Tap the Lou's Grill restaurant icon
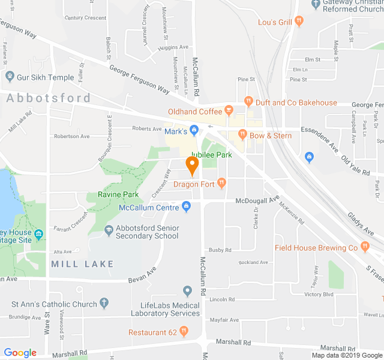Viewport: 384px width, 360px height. [299, 22]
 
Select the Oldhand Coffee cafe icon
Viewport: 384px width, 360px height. [228, 111]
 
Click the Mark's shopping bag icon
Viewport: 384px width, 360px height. [194, 130]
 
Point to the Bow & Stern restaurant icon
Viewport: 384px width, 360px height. [244, 136]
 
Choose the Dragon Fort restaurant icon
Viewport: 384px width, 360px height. [221, 182]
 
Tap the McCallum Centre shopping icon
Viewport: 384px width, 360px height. [186, 207]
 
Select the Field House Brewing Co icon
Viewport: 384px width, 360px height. [364, 247]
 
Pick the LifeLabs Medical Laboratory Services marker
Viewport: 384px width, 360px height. [188, 292]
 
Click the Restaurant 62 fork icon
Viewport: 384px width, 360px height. [184, 331]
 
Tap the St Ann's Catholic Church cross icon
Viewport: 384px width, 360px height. [104, 304]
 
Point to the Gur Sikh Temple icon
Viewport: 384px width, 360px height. [9, 77]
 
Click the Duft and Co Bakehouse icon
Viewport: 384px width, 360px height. [248, 102]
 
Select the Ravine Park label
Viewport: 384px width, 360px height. [118, 194]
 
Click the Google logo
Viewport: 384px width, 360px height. [20, 353]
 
